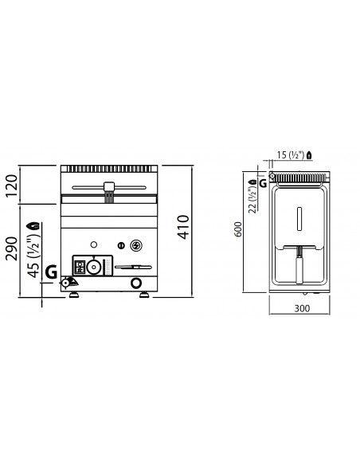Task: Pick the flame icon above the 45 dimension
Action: (32, 225)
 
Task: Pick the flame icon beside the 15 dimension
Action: (319, 154)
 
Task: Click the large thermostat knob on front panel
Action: (95, 267)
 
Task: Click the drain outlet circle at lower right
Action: (135, 283)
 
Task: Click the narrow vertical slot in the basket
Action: (300, 217)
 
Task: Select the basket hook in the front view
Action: (108, 190)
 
